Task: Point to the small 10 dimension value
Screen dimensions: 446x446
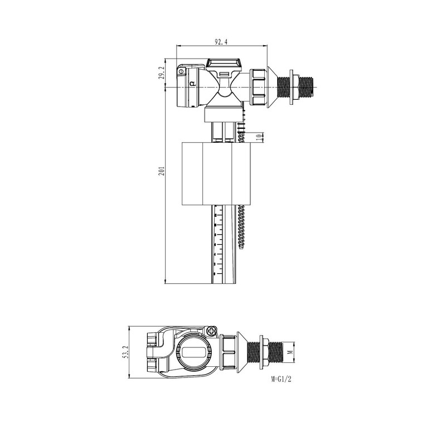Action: [x=258, y=137]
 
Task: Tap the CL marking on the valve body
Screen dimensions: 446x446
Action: [x=193, y=84]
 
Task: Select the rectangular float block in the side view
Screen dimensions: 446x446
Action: [x=215, y=173]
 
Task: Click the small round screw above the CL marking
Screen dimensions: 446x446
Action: [x=181, y=71]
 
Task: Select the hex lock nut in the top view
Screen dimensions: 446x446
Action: [x=264, y=352]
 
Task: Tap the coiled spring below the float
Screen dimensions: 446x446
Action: [x=242, y=226]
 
